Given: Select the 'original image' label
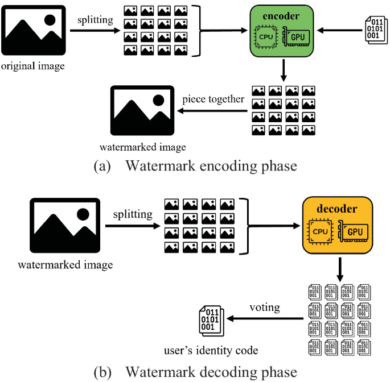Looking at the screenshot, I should pos(33,67).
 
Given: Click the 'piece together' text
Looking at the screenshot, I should pos(213,99).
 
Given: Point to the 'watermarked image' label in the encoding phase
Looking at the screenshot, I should pos(142,147).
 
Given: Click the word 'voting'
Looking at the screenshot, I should pos(265,308).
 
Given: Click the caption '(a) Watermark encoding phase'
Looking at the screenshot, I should pos(195,167).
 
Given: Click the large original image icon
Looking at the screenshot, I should pos(34,29).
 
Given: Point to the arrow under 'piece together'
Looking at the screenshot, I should pos(213,111).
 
